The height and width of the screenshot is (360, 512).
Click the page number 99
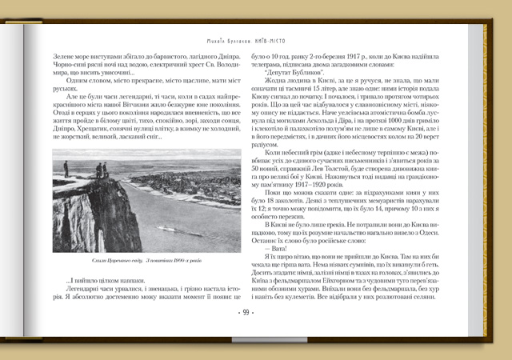(246, 313)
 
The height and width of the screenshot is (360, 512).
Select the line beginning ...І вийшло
(105, 280)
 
